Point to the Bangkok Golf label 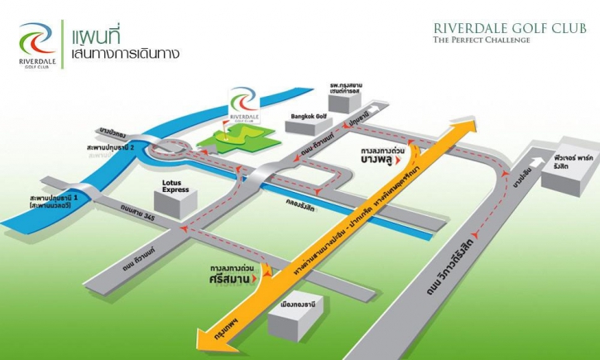[x=310, y=117]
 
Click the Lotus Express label [x=175, y=186]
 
